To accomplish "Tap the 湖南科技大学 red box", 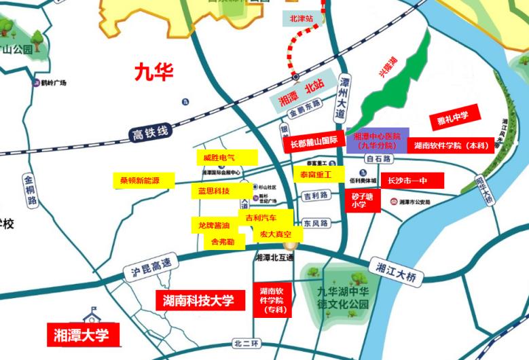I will click(x=198, y=300).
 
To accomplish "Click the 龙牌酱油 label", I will click(x=214, y=225).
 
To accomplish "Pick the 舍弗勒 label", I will click(x=223, y=241).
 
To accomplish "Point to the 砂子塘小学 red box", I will click(x=362, y=200).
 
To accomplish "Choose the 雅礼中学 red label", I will click(x=454, y=118).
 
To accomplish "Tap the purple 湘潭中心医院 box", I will click(x=378, y=140).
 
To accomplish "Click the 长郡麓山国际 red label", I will click(x=314, y=143).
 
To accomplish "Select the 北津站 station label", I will click(x=301, y=19).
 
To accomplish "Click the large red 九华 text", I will click(x=153, y=71).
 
